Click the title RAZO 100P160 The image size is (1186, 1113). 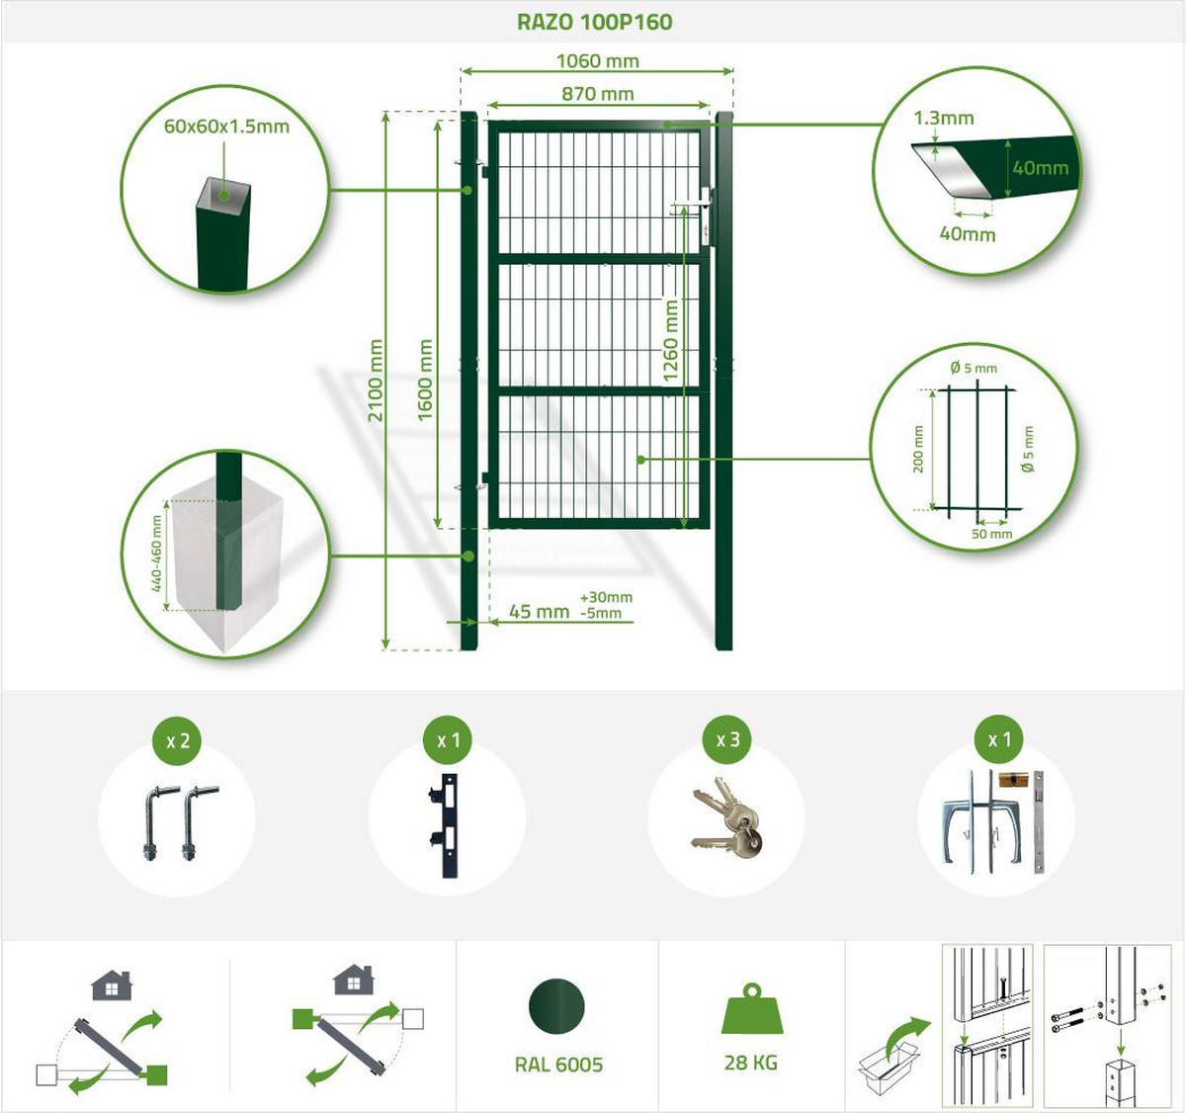coord(594,22)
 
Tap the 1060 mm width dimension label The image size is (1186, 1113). coord(597,60)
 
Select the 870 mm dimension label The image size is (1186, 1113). coord(597,93)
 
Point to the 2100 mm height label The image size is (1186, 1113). coord(375,381)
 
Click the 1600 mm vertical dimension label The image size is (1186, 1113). coord(425,380)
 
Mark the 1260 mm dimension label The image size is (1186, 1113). coord(671,341)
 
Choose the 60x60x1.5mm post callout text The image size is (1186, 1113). coord(226,127)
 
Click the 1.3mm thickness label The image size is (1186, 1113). coord(944,118)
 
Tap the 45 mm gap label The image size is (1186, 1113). coord(539,611)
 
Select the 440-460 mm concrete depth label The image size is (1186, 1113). coord(156,554)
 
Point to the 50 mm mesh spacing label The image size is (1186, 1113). coord(991,534)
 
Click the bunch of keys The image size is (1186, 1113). coord(727,817)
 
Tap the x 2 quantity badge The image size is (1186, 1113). coord(178,740)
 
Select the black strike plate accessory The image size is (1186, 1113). coord(445,825)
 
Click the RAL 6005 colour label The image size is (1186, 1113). coord(559,1065)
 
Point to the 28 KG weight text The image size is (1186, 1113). coord(751,1063)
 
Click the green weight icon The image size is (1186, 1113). coord(752,1008)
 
